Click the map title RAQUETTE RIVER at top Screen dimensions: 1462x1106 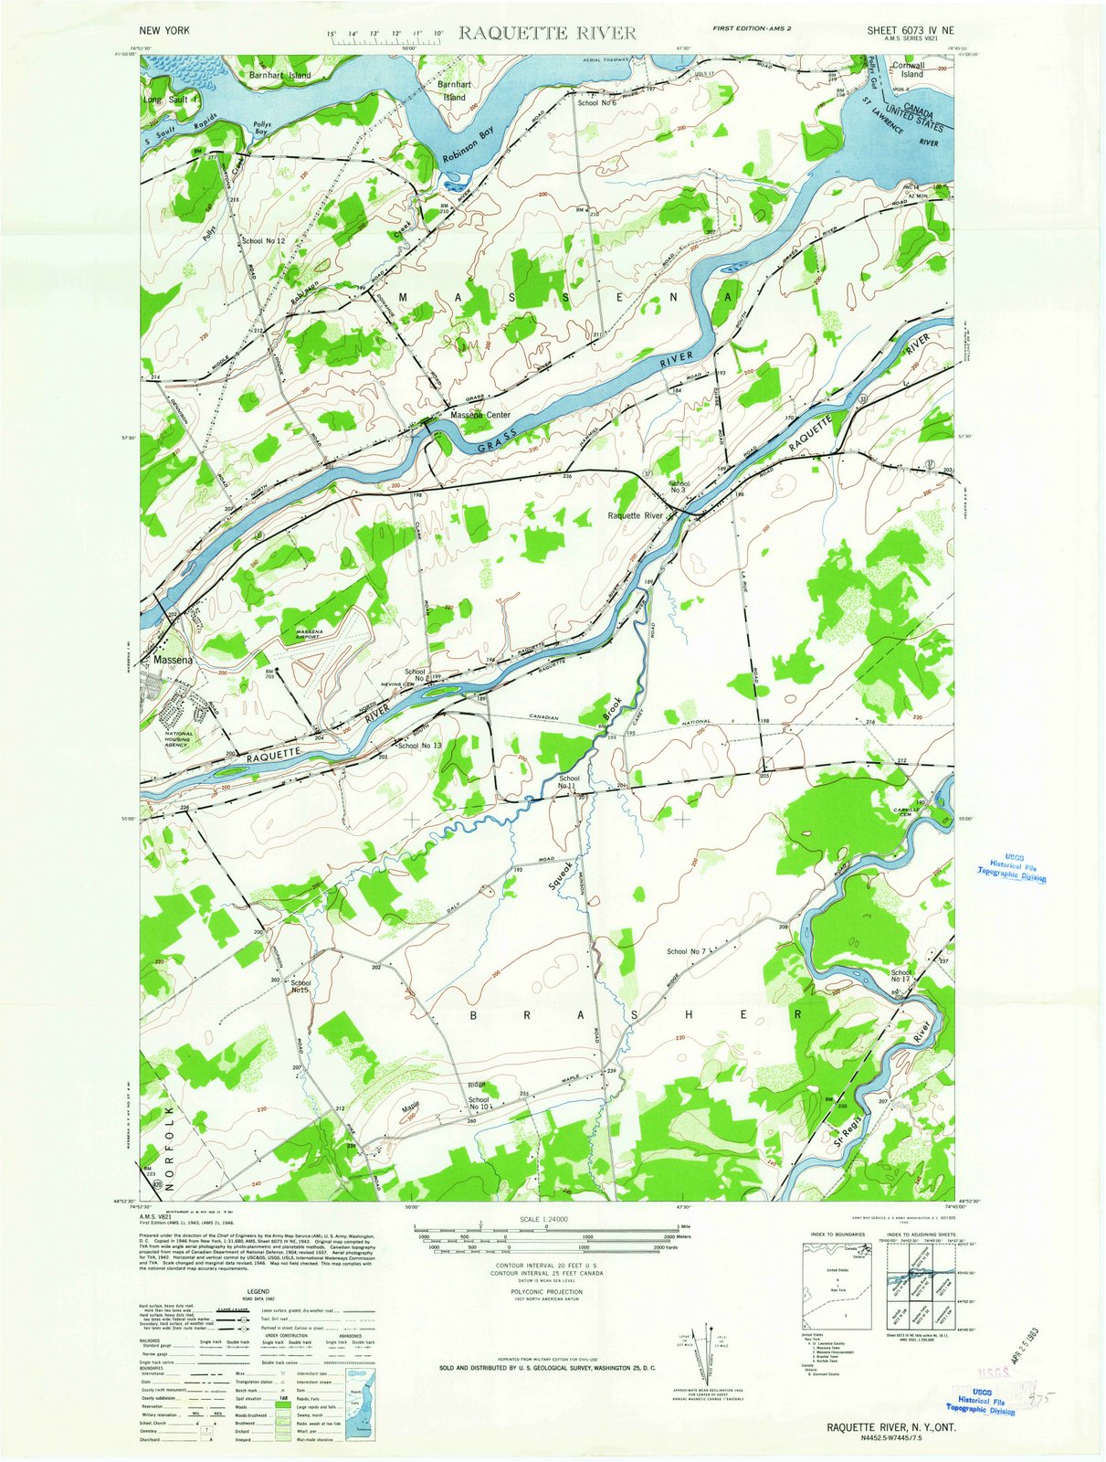coord(547,33)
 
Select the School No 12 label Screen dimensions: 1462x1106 coord(264,241)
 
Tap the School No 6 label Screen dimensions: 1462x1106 coord(597,102)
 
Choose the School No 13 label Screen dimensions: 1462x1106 coord(420,746)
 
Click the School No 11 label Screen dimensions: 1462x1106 coord(568,782)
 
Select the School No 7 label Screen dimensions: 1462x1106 coord(686,951)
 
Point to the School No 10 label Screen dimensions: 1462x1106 coord(479,1103)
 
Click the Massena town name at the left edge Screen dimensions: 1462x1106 coord(173,659)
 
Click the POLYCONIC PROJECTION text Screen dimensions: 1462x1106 coord(546,1292)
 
